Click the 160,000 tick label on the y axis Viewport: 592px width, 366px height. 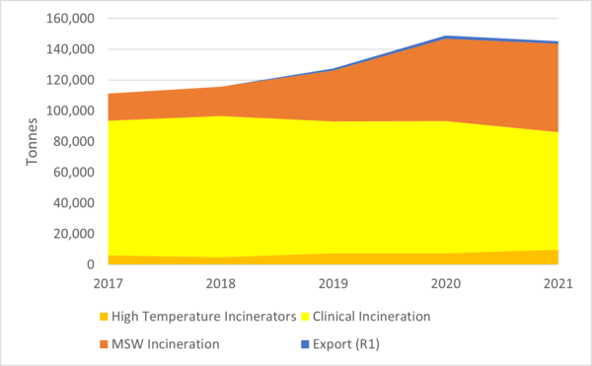point(72,19)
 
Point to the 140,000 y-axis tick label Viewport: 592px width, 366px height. point(72,49)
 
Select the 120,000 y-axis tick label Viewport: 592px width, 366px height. point(72,80)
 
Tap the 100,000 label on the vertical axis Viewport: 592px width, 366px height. point(72,110)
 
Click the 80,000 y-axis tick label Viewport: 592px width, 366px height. point(75,141)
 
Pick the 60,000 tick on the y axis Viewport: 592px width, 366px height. point(75,172)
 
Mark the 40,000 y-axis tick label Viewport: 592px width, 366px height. point(75,203)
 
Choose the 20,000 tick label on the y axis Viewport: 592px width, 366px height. point(75,234)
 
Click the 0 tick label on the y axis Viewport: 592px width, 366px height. point(92,264)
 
